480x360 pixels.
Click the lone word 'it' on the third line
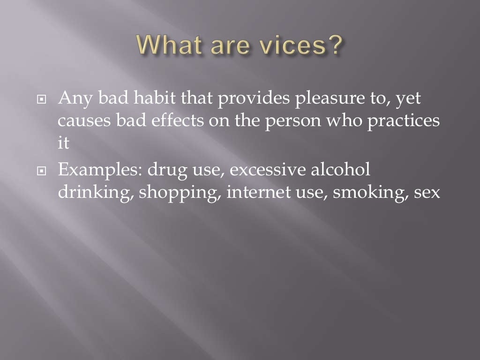click(x=63, y=143)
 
